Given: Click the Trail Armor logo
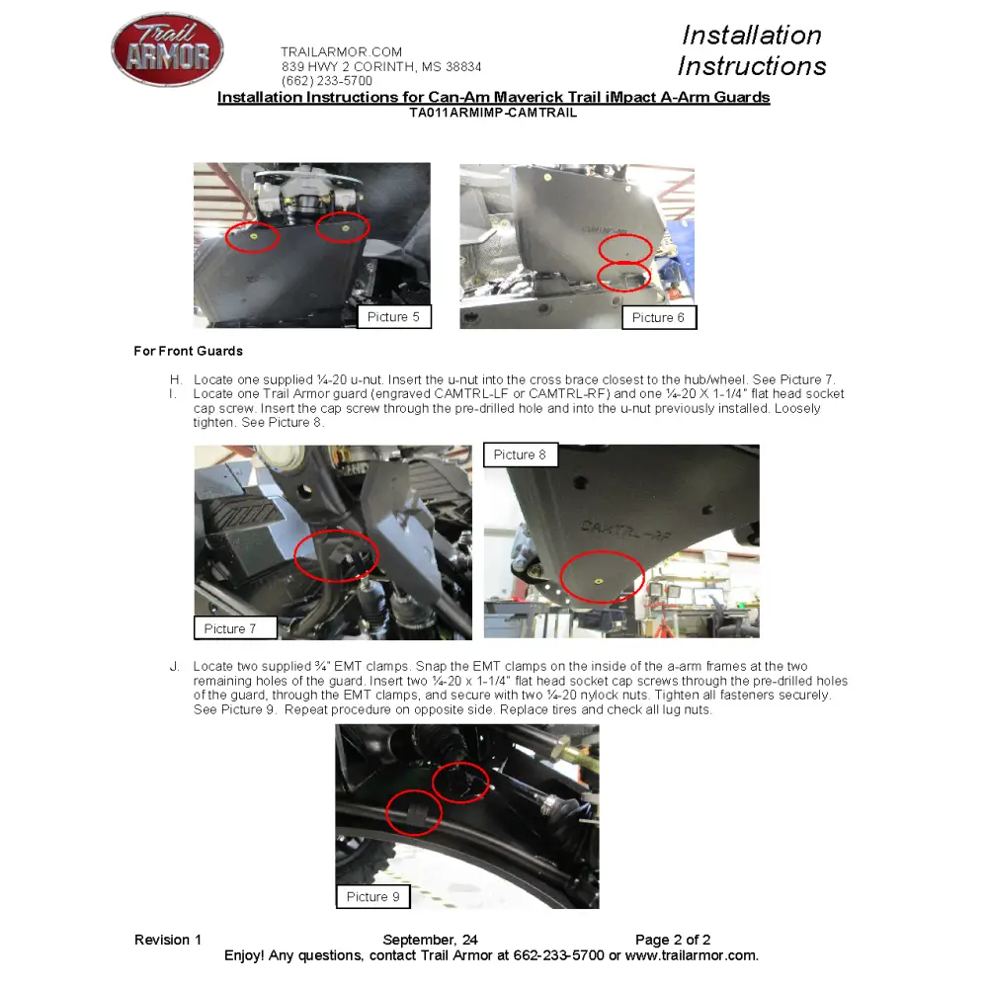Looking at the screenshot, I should coord(167,49).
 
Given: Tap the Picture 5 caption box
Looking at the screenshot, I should coord(393,317).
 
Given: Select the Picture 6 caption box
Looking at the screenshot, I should coord(658,318).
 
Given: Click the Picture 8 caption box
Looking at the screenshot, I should coord(520,454).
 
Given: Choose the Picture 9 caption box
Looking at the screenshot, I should coord(372,896).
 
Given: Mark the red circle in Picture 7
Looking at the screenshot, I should coord(336,554).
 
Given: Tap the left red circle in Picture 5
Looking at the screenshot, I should coord(252,237).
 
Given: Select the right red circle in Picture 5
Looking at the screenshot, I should coord(343,226).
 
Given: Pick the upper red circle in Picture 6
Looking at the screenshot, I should coord(624,248).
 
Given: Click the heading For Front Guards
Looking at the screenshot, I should coord(188,351).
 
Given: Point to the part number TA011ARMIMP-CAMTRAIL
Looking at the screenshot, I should coord(493,113).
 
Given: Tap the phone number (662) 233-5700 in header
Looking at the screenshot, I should coord(327,81).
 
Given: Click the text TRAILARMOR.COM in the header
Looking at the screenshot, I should coord(341,51).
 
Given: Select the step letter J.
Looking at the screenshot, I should coord(175,667).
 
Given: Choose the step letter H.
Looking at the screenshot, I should coord(176,379).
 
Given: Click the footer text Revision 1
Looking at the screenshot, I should coord(168,940).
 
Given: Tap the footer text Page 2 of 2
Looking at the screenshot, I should coord(673,940).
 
